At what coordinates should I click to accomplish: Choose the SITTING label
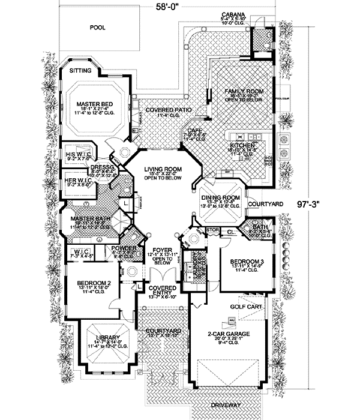pyautogui.click(x=81, y=70)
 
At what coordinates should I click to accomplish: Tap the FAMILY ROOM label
pyautogui.click(x=241, y=91)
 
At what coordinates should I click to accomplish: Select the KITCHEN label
pyautogui.click(x=243, y=145)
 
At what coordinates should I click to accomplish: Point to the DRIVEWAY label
pyautogui.click(x=226, y=405)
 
